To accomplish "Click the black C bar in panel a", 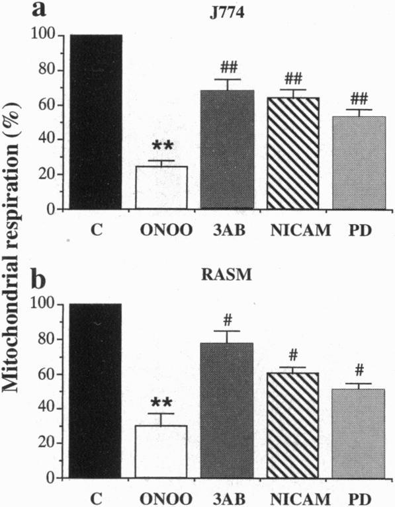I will (x=96, y=122).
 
